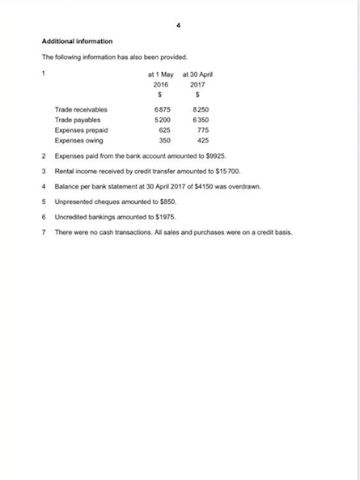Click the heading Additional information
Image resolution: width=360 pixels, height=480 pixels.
tap(77, 40)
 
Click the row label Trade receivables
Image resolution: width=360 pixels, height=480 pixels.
tap(81, 109)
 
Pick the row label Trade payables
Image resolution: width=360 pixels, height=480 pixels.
tap(78, 120)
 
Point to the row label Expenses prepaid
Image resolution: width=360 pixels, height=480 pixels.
tap(81, 130)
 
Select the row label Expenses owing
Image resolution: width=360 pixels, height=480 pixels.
tap(78, 140)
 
